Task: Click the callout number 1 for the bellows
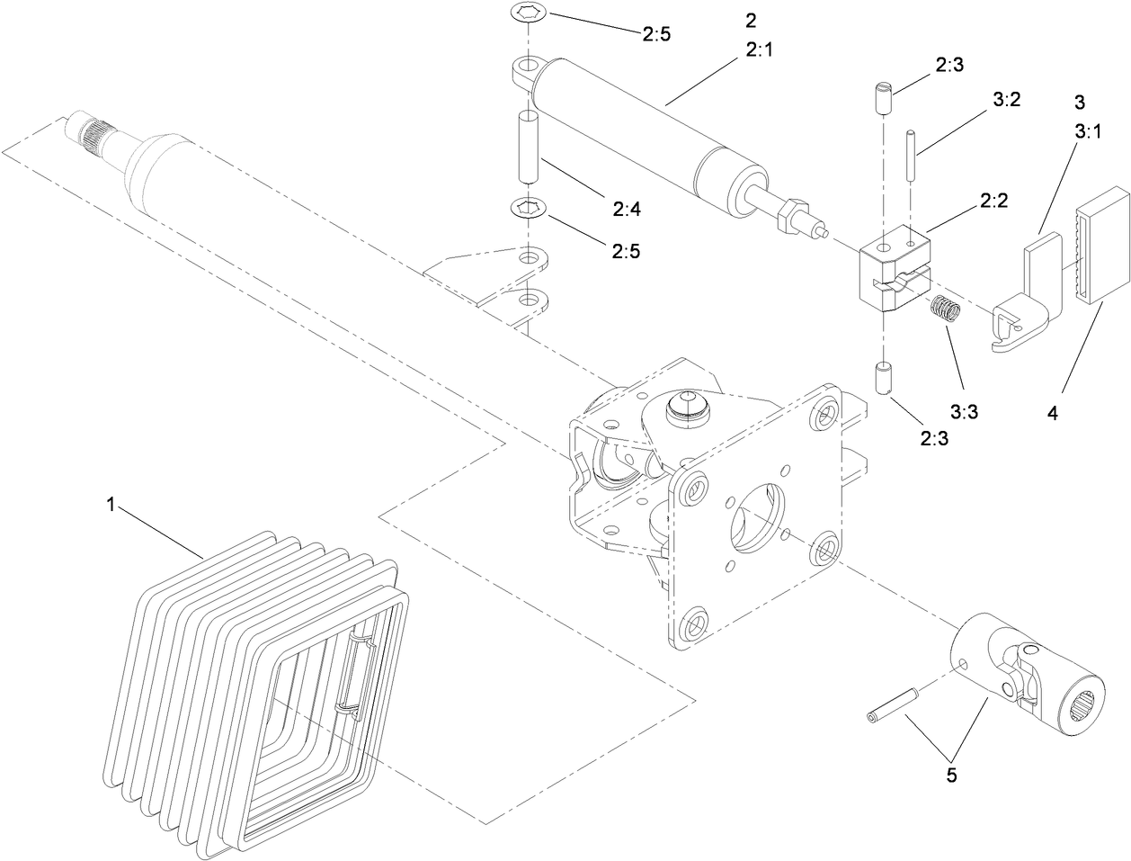click(x=111, y=507)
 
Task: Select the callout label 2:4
click(x=628, y=211)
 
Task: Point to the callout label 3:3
click(x=964, y=411)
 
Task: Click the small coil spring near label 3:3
click(x=946, y=311)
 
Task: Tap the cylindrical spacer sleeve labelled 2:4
click(x=527, y=144)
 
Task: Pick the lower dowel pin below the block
click(x=883, y=376)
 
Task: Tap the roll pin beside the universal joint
click(x=893, y=704)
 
